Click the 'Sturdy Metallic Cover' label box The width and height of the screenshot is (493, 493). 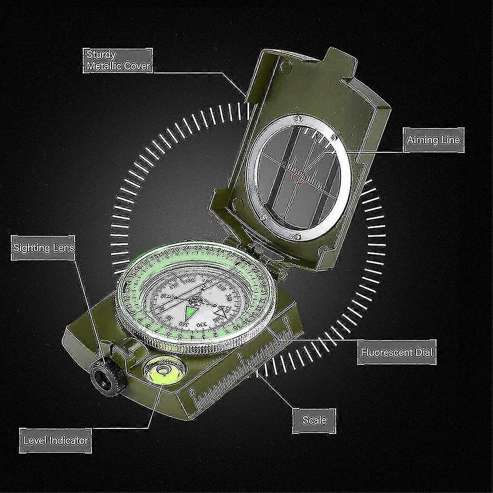coord(117,61)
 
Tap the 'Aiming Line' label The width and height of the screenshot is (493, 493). coord(433,140)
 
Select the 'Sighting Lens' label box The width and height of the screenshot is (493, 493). coord(43,247)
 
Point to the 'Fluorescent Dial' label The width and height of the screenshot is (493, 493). coord(397,352)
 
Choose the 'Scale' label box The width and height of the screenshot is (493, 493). coord(314,420)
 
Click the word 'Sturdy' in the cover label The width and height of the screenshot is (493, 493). coord(101,54)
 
